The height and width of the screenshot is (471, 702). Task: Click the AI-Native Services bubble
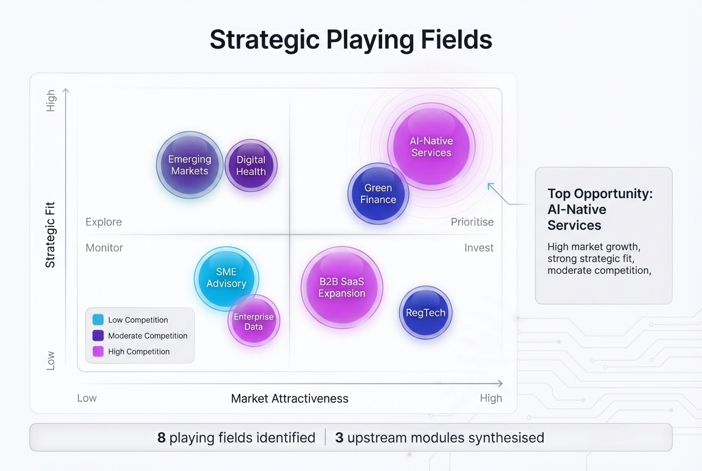pyautogui.click(x=431, y=147)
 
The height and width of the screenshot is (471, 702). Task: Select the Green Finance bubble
pyautogui.click(x=378, y=194)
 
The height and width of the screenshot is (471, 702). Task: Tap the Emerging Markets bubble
pyautogui.click(x=189, y=165)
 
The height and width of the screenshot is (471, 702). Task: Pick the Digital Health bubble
pyautogui.click(x=251, y=166)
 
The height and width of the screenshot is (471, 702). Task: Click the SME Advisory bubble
pyautogui.click(x=226, y=278)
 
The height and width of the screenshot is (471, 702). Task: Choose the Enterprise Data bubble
pyautogui.click(x=254, y=321)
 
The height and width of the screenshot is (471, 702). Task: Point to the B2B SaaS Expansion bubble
pyautogui.click(x=342, y=288)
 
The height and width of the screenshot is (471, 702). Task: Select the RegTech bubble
pyautogui.click(x=425, y=313)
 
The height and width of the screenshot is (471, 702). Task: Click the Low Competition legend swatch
pyautogui.click(x=98, y=320)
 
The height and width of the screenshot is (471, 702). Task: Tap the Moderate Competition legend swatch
pyautogui.click(x=98, y=335)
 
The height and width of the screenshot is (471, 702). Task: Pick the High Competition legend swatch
pyautogui.click(x=98, y=352)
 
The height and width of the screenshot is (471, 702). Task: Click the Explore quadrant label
pyautogui.click(x=104, y=222)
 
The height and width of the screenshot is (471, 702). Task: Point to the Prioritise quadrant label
pyautogui.click(x=472, y=222)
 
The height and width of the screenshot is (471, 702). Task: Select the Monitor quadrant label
pyautogui.click(x=104, y=248)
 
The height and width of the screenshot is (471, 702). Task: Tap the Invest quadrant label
pyautogui.click(x=479, y=248)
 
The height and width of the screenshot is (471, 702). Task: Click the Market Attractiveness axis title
pyautogui.click(x=289, y=398)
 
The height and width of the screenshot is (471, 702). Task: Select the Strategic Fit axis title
pyautogui.click(x=51, y=235)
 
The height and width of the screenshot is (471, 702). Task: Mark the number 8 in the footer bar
pyautogui.click(x=162, y=438)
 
